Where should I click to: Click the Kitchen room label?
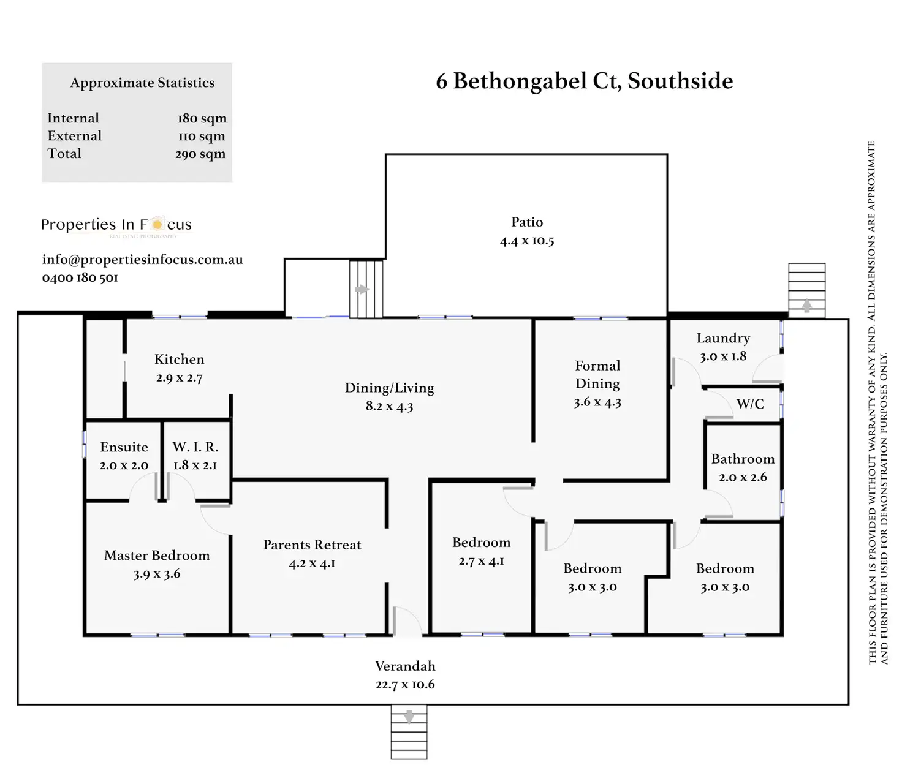pyautogui.click(x=179, y=360)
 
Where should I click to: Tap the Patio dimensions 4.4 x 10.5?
pyautogui.click(x=527, y=241)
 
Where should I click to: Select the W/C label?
pyautogui.click(x=750, y=404)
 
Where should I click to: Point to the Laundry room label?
pyautogui.click(x=723, y=338)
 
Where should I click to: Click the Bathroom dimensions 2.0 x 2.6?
pyautogui.click(x=743, y=477)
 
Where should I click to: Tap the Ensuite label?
pyautogui.click(x=124, y=447)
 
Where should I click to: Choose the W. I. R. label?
pyautogui.click(x=195, y=447)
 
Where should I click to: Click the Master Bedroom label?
pyautogui.click(x=157, y=556)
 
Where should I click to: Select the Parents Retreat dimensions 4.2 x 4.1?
pyautogui.click(x=312, y=563)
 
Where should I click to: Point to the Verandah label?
pyautogui.click(x=405, y=666)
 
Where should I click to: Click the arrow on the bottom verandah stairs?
pyautogui.click(x=409, y=715)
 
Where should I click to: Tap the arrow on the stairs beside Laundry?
pyautogui.click(x=807, y=304)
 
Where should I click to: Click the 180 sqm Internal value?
pyautogui.click(x=202, y=118)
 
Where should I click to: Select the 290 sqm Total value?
pyautogui.click(x=200, y=154)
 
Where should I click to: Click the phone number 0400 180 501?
pyautogui.click(x=80, y=277)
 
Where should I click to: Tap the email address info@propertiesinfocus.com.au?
pyautogui.click(x=142, y=260)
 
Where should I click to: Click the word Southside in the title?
pyautogui.click(x=680, y=81)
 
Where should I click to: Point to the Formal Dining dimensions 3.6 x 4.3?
pyautogui.click(x=597, y=402)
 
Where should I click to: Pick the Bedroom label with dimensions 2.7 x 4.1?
pyautogui.click(x=481, y=543)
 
